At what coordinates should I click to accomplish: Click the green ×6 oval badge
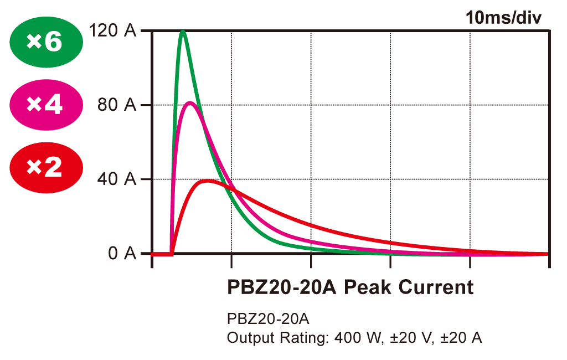coord(46,42)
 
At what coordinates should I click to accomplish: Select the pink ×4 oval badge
coord(46,105)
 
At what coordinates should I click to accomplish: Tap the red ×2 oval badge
coord(46,168)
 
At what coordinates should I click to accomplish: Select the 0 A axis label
coord(122,254)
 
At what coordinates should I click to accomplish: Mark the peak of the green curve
coord(182,31)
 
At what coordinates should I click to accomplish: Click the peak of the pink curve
coord(189,102)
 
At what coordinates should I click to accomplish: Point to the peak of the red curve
coord(208,180)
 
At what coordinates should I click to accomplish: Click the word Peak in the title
coord(368,287)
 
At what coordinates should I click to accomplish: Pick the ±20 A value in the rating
coord(461,338)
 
